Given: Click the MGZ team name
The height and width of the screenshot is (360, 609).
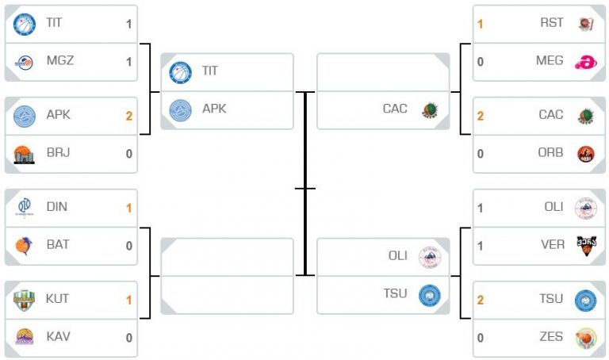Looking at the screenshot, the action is click(60, 60).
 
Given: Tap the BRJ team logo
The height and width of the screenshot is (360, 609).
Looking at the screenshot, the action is click(24, 154).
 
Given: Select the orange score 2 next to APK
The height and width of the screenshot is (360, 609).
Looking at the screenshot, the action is click(129, 116).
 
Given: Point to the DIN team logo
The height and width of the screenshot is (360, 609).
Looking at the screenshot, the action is click(25, 208).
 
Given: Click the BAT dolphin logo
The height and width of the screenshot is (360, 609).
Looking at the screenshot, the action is click(24, 246).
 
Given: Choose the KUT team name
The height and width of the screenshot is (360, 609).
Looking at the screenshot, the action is click(57, 299).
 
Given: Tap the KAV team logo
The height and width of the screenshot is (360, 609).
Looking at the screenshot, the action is click(25, 337).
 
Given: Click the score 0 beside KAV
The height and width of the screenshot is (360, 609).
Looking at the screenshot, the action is click(129, 338).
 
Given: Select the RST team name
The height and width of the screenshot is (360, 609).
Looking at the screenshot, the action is click(552, 22).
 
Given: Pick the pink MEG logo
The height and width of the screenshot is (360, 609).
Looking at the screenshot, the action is click(586, 62).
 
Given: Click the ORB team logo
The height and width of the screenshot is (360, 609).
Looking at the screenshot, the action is click(586, 154).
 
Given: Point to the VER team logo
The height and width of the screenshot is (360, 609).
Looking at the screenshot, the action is click(586, 246).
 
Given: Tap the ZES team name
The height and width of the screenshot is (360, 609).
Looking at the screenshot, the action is click(552, 336).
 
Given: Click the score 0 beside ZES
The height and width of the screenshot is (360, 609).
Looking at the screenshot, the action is click(481, 338).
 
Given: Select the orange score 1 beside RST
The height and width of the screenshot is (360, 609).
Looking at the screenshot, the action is click(481, 24).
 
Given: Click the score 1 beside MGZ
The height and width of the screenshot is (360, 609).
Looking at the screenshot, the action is click(129, 62).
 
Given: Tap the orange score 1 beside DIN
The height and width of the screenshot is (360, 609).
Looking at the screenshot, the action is click(129, 209).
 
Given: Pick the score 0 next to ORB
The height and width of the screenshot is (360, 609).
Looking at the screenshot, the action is click(481, 154).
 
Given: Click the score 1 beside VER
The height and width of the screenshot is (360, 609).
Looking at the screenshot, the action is click(481, 247).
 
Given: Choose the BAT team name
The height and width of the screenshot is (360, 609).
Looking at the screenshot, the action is click(58, 245).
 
